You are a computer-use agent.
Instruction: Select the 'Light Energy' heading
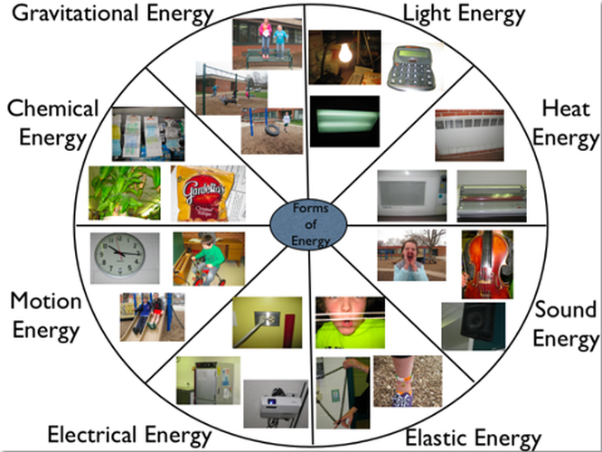463,14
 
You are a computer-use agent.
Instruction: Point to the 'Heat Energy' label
566,123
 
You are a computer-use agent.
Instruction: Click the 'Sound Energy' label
565,325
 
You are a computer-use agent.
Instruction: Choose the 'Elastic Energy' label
473,438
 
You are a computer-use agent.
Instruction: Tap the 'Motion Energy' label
45,315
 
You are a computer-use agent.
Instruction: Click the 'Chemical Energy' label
53,123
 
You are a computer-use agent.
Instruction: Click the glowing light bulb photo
343,57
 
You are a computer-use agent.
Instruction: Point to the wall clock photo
125,258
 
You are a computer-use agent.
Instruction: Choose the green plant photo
124,192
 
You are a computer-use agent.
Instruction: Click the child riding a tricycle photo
208,259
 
